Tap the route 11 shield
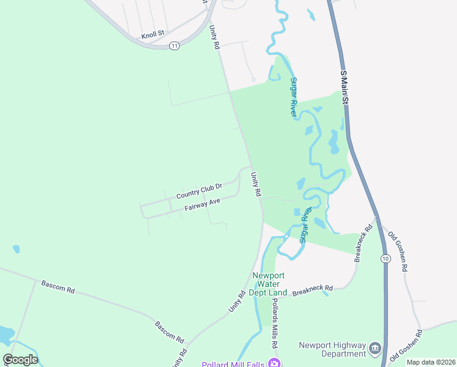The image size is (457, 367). pos(175,46)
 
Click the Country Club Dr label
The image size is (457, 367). pos(199,190)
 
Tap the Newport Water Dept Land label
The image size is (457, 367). pos(269,284)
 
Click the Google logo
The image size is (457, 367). pos(20,360)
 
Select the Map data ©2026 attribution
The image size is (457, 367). pos(431,362)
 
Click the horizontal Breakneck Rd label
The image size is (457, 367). pos(312,288)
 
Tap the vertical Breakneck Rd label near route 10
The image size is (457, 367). pos(364,243)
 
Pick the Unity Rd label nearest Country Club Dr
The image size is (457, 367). pos(256,183)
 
